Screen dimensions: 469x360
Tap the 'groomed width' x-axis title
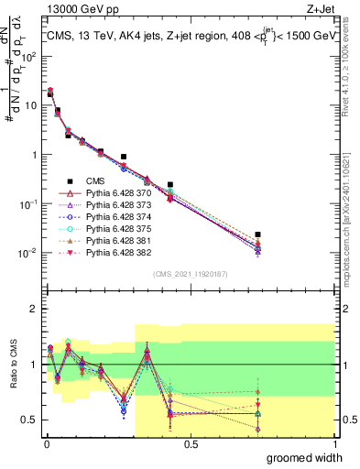click(x=306, y=457)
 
